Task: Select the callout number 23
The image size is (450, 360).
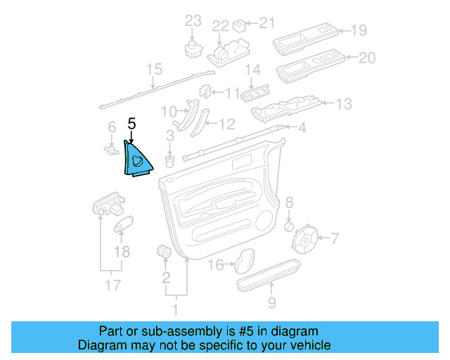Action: pos(193,21)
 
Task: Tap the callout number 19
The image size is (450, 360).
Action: pos(359,30)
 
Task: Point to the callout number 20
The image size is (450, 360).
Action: pos(366,58)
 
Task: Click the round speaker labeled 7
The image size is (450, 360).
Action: pos(305,239)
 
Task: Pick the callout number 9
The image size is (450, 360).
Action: pos(271,303)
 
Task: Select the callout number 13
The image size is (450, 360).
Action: pos(343,104)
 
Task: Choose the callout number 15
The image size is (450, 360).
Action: pos(154,69)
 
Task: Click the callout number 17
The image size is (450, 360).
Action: pos(108,286)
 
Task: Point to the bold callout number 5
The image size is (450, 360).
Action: pos(131,123)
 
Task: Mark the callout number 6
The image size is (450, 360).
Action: pos(111,127)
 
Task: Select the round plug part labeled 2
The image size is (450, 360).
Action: pos(165,251)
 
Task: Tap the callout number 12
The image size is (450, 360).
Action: pos(226,124)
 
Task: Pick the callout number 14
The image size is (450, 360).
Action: pos(252,70)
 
